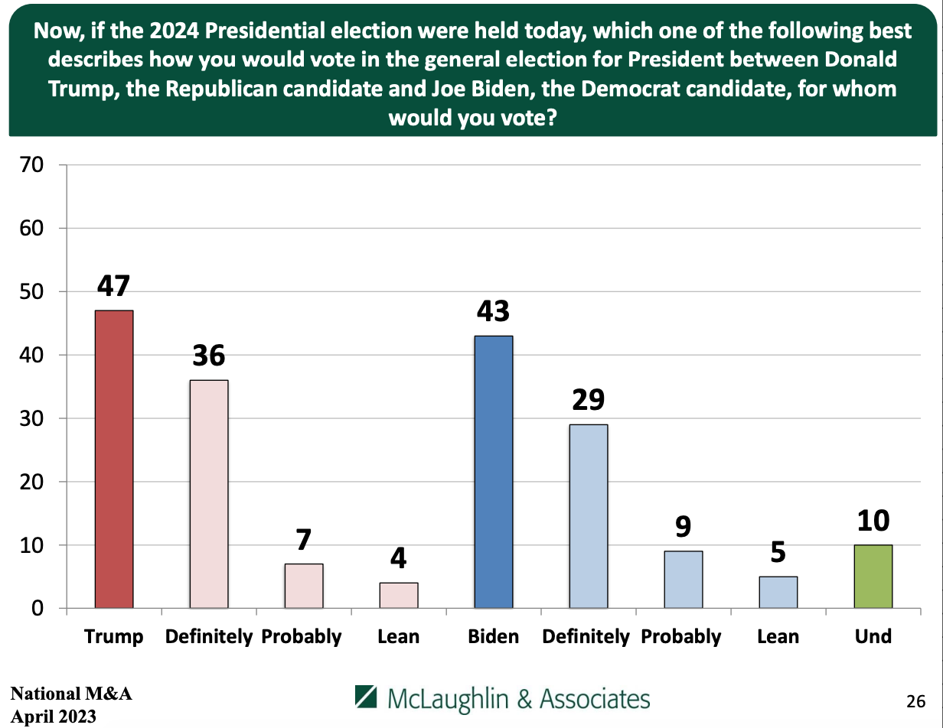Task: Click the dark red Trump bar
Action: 114,459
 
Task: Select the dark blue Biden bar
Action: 494,472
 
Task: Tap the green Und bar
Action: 873,577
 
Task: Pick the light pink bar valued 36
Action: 209,494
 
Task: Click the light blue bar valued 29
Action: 589,516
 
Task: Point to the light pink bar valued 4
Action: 399,596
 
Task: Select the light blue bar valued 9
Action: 684,580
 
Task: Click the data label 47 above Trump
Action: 113,286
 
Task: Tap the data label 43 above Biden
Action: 493,312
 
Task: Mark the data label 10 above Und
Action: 873,522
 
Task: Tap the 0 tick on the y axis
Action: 38,609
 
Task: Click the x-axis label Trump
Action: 114,637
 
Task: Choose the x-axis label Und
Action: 873,636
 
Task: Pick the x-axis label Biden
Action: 494,636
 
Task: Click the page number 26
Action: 915,700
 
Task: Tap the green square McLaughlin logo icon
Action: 366,697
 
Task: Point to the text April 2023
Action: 54,717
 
